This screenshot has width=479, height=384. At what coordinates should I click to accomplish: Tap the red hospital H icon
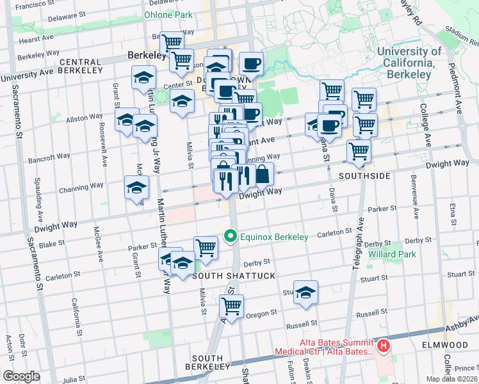tap(383, 346)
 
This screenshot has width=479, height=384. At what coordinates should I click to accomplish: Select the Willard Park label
tap(392, 254)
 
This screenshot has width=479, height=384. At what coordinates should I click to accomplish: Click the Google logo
tap(21, 376)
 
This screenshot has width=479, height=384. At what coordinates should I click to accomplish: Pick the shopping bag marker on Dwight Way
tap(263, 173)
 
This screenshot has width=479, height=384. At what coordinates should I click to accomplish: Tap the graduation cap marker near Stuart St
tap(305, 292)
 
